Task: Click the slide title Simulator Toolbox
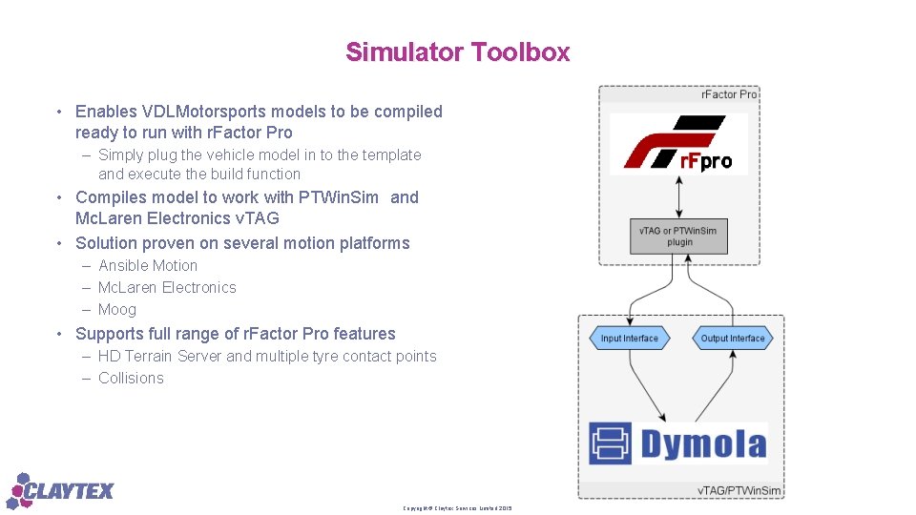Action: [457, 51]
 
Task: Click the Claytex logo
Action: [62, 490]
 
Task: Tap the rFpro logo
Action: [678, 144]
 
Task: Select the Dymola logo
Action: [677, 444]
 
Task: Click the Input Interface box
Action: [629, 338]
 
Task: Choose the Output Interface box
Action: [732, 338]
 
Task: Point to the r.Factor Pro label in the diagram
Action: [729, 94]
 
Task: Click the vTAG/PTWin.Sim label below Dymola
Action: [739, 490]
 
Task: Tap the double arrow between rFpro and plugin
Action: [678, 197]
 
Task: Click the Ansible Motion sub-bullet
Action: [148, 266]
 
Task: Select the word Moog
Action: [117, 310]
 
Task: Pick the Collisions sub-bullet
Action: [131, 379]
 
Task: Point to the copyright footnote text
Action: [457, 508]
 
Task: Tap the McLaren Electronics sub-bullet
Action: [167, 288]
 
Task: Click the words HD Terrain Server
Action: [159, 357]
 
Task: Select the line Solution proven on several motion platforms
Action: [242, 243]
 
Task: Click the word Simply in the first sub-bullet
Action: [120, 155]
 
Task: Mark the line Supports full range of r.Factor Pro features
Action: [235, 334]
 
